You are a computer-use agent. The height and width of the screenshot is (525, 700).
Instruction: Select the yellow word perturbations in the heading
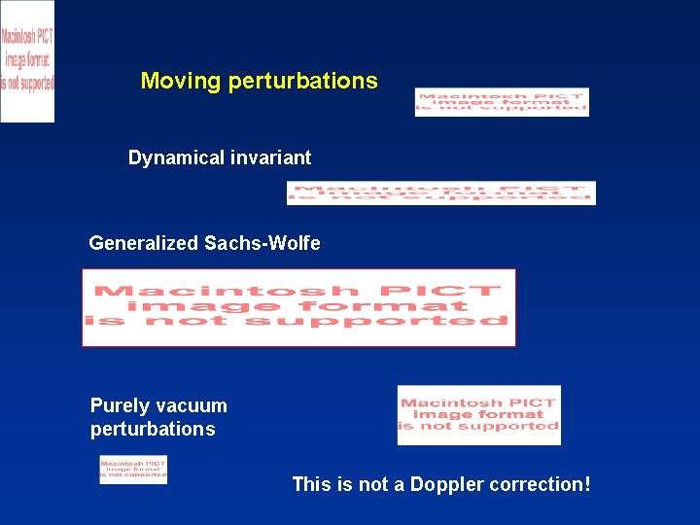[302, 81]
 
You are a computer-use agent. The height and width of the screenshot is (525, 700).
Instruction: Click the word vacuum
[191, 405]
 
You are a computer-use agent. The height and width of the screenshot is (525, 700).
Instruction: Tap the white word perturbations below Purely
[153, 429]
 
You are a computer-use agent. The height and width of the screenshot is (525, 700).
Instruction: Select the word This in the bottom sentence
[312, 484]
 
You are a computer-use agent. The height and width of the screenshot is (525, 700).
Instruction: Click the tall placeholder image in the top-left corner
[27, 61]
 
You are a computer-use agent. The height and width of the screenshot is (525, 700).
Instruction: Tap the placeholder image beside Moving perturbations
[502, 102]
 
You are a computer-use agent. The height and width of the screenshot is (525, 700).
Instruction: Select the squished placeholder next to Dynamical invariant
[440, 192]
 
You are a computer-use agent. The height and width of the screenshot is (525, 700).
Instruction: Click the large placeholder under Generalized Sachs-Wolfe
[298, 307]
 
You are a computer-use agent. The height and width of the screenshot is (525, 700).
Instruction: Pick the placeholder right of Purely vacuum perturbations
[478, 414]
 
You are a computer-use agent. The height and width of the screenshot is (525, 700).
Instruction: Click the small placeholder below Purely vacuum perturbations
[133, 469]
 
